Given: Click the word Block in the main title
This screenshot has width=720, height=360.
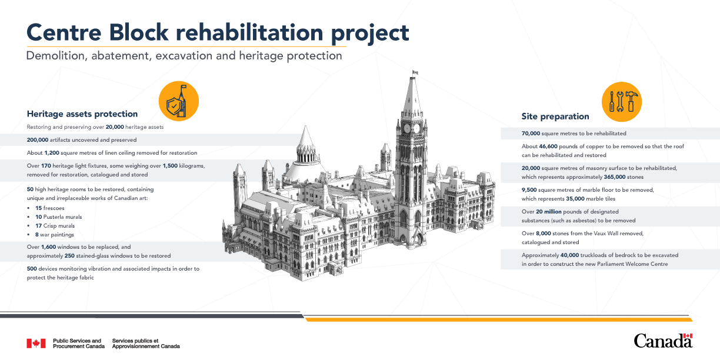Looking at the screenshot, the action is [139, 32].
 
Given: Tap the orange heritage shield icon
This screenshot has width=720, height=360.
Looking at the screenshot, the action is [179, 101].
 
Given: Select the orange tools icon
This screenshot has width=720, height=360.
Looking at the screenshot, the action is [622, 102].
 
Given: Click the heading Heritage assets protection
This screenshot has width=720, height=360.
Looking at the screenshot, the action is [82, 114].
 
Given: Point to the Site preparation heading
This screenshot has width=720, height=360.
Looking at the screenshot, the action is [555, 116].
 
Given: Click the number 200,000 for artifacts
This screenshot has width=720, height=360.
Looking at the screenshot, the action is [38, 140].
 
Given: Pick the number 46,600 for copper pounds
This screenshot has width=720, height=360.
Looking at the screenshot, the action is [548, 146].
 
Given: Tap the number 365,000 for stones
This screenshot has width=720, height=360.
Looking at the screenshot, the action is [615, 177].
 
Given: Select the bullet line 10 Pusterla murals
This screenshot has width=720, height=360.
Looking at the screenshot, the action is [58, 217].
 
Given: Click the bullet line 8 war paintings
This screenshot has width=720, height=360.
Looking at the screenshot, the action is [55, 235].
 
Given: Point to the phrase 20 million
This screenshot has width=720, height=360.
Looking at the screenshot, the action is [549, 212].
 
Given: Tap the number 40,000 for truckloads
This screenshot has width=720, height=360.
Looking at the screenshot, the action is [569, 255].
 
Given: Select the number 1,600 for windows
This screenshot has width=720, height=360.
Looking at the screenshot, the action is [49, 247].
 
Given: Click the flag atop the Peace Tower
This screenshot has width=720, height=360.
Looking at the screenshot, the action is [415, 72].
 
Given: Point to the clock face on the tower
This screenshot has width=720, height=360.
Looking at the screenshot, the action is [407, 129].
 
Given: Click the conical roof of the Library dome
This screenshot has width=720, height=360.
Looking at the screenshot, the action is [306, 138].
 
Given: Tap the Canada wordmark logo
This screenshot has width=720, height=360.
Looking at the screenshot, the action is [663, 341].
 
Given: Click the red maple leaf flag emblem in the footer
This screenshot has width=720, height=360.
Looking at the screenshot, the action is [36, 344].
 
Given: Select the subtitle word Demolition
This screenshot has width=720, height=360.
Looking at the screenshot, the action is [55, 56].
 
